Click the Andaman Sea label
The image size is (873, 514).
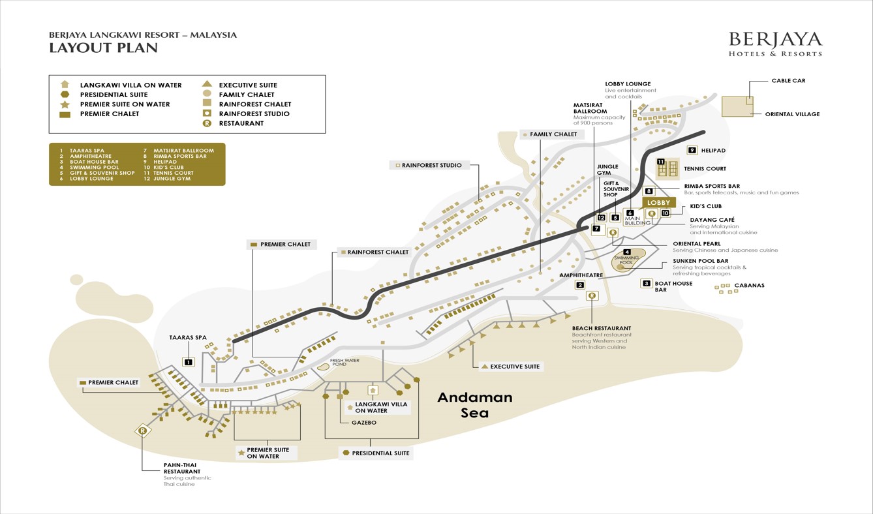[x=474, y=404]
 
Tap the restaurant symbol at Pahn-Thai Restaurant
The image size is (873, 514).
[x=143, y=431]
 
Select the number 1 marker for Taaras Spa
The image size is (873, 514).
[x=189, y=362]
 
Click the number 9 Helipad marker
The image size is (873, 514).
[x=692, y=151]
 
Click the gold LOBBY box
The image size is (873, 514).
[x=658, y=203]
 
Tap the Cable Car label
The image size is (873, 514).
[x=788, y=81]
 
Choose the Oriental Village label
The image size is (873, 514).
[x=792, y=114]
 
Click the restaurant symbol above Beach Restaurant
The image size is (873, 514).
[x=592, y=296]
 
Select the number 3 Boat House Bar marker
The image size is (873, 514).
[x=647, y=283]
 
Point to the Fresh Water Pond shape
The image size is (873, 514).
[x=323, y=367]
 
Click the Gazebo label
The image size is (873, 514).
[x=363, y=423]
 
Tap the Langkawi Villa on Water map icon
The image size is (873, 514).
[x=373, y=391]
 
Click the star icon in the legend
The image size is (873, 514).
[x=65, y=104]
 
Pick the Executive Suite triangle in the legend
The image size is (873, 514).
[x=207, y=84]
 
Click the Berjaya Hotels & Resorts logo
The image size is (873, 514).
[x=775, y=44]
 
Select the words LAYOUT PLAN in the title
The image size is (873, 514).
[x=103, y=48]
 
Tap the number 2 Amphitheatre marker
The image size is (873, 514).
[x=580, y=285]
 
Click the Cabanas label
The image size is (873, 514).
[x=749, y=285]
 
